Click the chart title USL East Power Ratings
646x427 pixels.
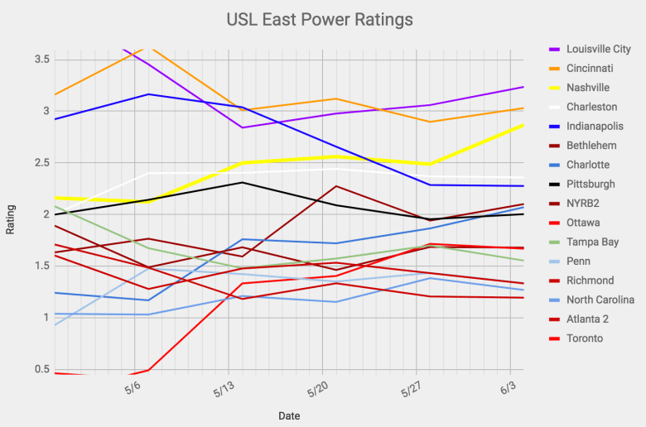(x=320, y=19)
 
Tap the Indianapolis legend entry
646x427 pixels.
(x=595, y=126)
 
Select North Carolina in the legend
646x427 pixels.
(x=600, y=300)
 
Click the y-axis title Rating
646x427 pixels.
(x=11, y=219)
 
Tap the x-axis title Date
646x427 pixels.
(x=289, y=415)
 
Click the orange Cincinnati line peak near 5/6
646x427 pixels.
(x=149, y=46)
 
